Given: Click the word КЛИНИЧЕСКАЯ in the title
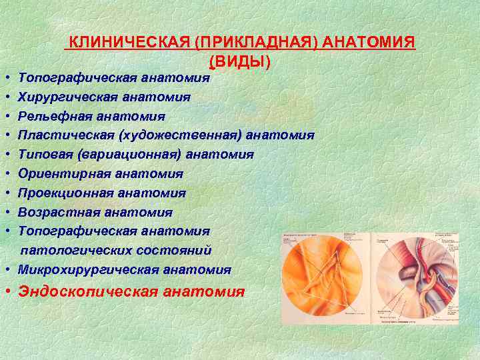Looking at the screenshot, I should coord(130,43).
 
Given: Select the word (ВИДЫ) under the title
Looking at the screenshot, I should coord(240,61).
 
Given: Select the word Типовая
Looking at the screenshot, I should coord(45,155).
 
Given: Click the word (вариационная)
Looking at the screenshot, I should coord(129,155).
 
